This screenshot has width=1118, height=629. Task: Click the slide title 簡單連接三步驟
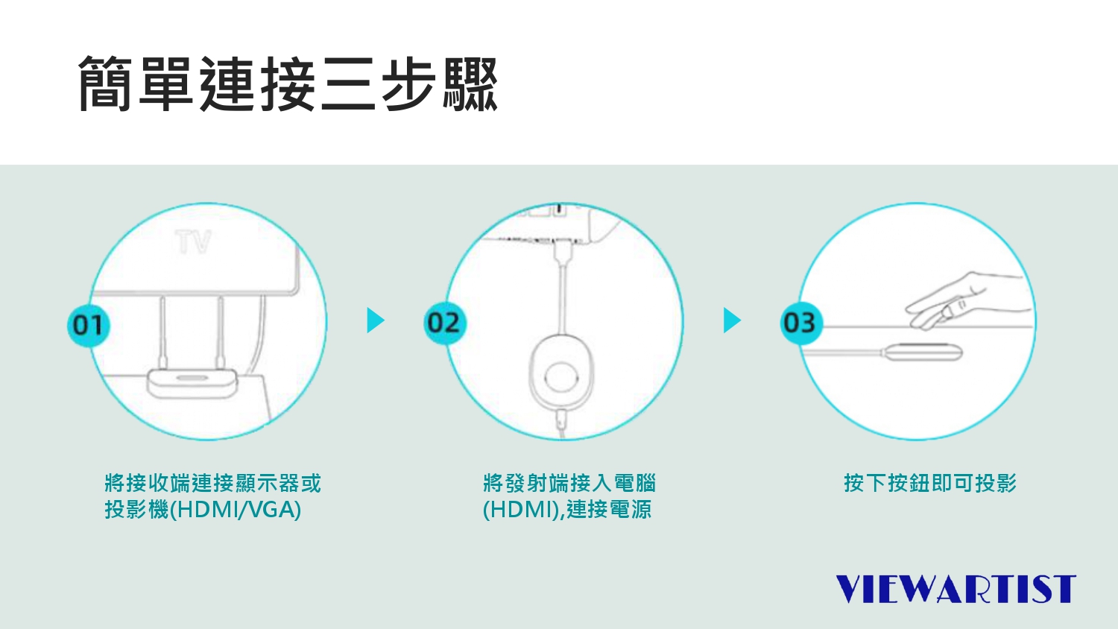288,84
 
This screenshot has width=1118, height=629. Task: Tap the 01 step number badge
89,325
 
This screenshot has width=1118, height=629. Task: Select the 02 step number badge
444,323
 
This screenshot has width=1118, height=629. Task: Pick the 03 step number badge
800,323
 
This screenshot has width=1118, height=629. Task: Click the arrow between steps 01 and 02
375,320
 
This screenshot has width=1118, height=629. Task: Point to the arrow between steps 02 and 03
732,320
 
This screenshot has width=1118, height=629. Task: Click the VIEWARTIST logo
956,589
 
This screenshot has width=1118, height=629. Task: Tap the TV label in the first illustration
194,242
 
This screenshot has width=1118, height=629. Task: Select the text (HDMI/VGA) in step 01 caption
236,510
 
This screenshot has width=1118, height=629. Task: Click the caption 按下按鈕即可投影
930,483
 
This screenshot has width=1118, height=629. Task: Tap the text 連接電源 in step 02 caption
609,510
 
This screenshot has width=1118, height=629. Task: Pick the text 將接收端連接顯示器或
213,483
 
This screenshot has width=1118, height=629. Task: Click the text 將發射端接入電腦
569,483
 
